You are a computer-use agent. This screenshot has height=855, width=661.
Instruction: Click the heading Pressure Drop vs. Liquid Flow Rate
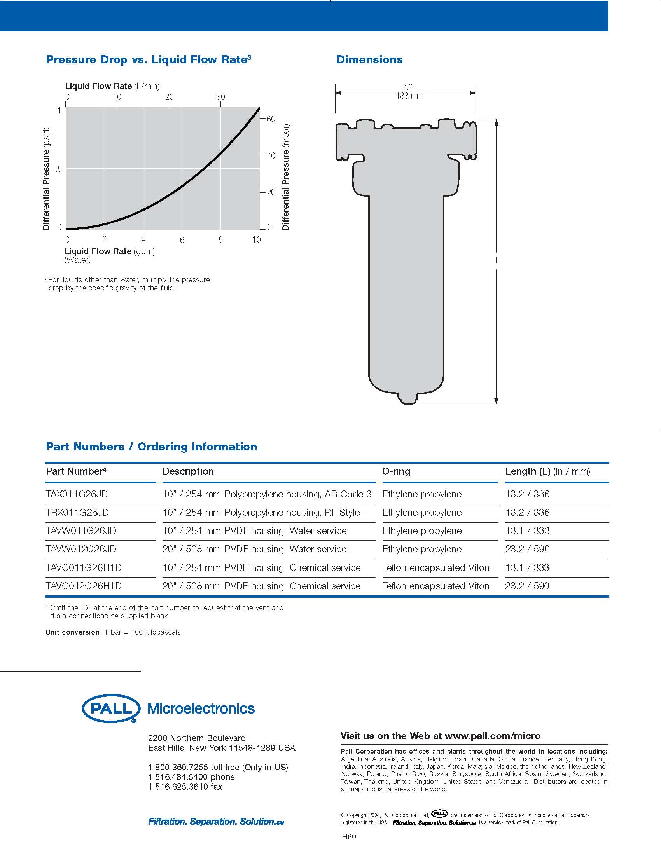coord(148,59)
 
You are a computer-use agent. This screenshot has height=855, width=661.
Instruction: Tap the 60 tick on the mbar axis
coord(271,119)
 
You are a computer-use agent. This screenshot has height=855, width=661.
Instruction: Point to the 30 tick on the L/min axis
coord(221,97)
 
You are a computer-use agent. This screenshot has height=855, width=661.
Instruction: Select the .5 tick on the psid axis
coord(59,169)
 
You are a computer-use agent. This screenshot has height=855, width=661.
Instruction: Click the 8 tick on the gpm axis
coord(220,239)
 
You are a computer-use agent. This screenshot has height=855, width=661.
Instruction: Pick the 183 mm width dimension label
coord(409,96)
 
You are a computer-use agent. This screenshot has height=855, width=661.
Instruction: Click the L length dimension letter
coord(497,261)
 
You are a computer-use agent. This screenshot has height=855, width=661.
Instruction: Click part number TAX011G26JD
coord(77,494)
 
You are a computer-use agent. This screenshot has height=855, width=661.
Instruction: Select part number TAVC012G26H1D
coord(84,586)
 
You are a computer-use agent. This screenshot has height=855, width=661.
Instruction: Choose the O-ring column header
coord(396,471)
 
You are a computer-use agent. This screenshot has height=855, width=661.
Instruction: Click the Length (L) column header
coord(547,471)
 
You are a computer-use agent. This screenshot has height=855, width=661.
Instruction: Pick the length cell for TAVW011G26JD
coord(527,530)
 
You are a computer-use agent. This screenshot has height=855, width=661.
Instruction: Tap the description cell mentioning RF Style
coord(261,513)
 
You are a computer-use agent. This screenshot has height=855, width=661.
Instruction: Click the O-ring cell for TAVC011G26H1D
coord(436,567)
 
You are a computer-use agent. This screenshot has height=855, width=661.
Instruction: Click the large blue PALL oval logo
coord(111,708)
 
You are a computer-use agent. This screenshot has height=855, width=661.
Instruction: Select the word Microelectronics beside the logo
coord(201,708)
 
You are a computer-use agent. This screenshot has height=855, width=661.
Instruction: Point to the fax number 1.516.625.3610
coord(185,787)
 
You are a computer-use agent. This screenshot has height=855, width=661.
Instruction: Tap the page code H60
coord(349,837)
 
